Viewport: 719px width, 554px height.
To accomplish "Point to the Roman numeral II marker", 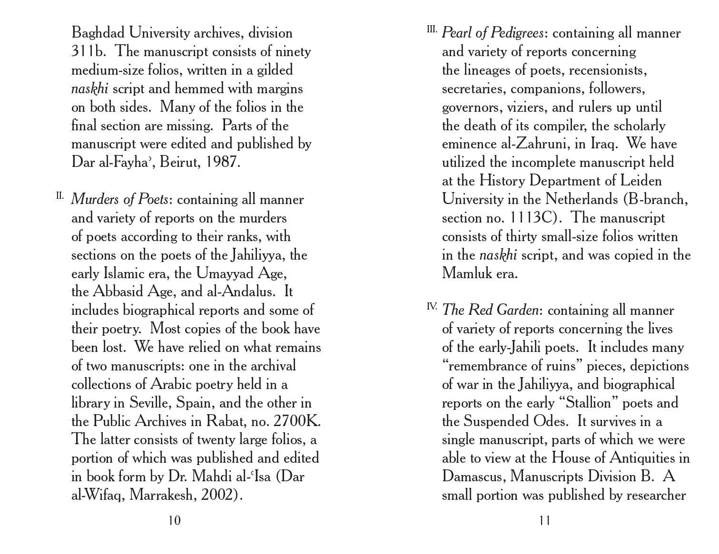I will (x=60, y=195).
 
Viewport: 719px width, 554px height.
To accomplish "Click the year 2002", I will (x=219, y=496).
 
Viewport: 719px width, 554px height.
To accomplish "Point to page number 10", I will (x=175, y=521).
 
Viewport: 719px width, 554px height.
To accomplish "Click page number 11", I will (x=544, y=521).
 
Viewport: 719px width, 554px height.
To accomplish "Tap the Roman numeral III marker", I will (x=432, y=29).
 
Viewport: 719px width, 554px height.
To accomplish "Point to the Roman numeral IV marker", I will (x=432, y=306).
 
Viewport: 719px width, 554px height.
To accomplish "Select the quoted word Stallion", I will (x=587, y=403).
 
